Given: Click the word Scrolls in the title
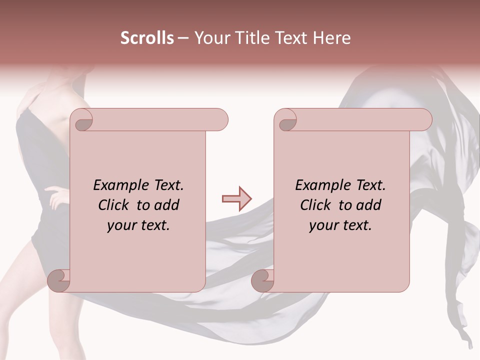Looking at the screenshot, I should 147,38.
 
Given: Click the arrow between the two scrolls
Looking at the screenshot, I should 236,198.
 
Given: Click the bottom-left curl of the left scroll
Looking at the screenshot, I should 59,280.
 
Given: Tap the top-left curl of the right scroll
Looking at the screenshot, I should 286,120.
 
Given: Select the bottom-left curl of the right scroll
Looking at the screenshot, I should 262,280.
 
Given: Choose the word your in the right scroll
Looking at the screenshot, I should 323,225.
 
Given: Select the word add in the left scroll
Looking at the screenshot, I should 167,205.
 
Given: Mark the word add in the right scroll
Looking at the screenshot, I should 369,205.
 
